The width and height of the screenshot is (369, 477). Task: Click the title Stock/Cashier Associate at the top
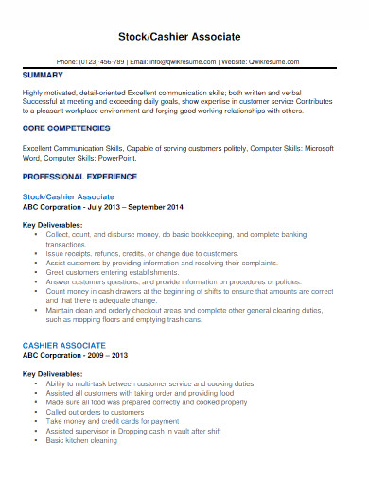click(x=184, y=36)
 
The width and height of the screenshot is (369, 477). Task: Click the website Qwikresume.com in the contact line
click(x=276, y=62)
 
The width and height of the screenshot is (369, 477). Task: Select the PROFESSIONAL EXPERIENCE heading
click(x=80, y=177)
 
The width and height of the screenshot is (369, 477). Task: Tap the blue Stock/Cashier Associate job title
click(x=68, y=196)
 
